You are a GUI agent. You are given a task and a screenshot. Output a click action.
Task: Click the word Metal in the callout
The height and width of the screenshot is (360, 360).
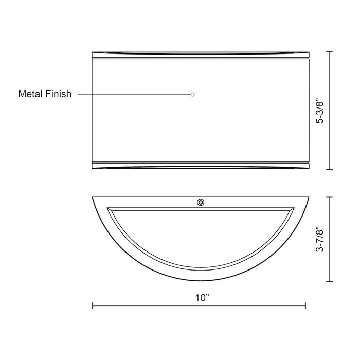29,94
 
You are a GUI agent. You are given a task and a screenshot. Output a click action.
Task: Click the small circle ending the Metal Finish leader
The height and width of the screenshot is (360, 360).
192,94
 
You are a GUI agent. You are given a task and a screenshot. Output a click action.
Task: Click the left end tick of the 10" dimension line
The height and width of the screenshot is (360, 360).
93,305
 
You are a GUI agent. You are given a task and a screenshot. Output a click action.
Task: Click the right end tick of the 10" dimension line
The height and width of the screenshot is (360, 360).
305,305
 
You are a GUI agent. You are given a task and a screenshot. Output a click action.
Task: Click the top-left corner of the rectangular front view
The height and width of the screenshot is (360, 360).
92,52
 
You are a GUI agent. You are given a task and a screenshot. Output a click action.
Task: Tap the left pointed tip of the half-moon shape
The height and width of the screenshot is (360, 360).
92,196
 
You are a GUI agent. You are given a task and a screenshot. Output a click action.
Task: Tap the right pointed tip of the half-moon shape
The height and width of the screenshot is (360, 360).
307,196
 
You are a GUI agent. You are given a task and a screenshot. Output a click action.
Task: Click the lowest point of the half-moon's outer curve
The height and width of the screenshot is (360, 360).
200,281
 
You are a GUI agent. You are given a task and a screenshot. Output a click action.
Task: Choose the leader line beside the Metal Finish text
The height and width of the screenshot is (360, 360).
134,94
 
